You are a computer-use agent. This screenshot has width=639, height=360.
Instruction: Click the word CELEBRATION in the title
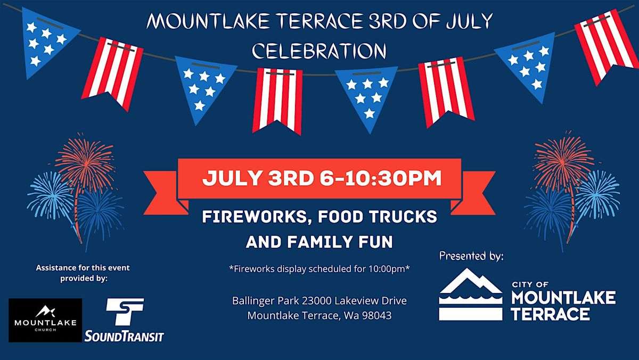319,51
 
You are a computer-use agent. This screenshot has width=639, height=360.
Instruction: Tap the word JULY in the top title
469,21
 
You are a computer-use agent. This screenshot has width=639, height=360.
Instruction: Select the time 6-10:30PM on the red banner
381,178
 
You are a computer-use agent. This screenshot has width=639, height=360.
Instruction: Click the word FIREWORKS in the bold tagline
254,217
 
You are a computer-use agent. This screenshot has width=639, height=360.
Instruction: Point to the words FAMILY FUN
340,242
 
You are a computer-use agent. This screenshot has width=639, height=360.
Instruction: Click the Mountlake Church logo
45,320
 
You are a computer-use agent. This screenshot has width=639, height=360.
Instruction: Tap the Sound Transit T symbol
125,312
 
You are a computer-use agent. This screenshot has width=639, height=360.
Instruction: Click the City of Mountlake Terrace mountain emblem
471,294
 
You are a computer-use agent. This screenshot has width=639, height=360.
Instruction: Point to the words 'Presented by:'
471,256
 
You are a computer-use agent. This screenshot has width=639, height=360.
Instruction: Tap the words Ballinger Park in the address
266,301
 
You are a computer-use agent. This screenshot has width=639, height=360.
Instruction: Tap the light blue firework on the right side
597,194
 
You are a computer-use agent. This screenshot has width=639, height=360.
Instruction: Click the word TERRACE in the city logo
551,314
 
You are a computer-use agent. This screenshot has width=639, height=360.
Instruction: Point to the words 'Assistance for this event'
83,268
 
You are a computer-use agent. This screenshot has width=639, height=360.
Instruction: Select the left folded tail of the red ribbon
166,193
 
